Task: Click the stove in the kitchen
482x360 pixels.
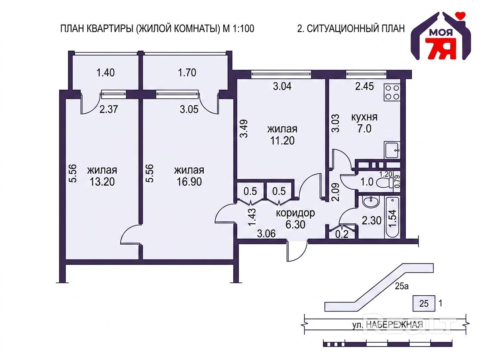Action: click(392, 92)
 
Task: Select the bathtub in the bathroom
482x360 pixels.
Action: click(392, 217)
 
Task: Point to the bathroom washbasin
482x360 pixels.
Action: click(371, 202)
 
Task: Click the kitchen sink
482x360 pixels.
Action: click(392, 150)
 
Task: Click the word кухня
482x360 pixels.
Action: click(364, 117)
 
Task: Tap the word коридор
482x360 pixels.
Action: click(295, 213)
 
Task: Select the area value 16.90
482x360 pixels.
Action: click(189, 182)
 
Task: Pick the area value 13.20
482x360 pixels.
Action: click(102, 182)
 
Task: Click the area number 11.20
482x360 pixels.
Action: click(282, 141)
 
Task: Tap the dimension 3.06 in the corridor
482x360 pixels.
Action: click(266, 234)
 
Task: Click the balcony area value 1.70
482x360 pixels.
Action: click(187, 73)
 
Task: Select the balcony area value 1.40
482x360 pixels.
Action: click(105, 73)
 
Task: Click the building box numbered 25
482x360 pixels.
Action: click(424, 303)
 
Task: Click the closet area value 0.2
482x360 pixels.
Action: click(342, 235)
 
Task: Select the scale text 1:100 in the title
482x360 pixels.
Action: click(242, 29)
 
